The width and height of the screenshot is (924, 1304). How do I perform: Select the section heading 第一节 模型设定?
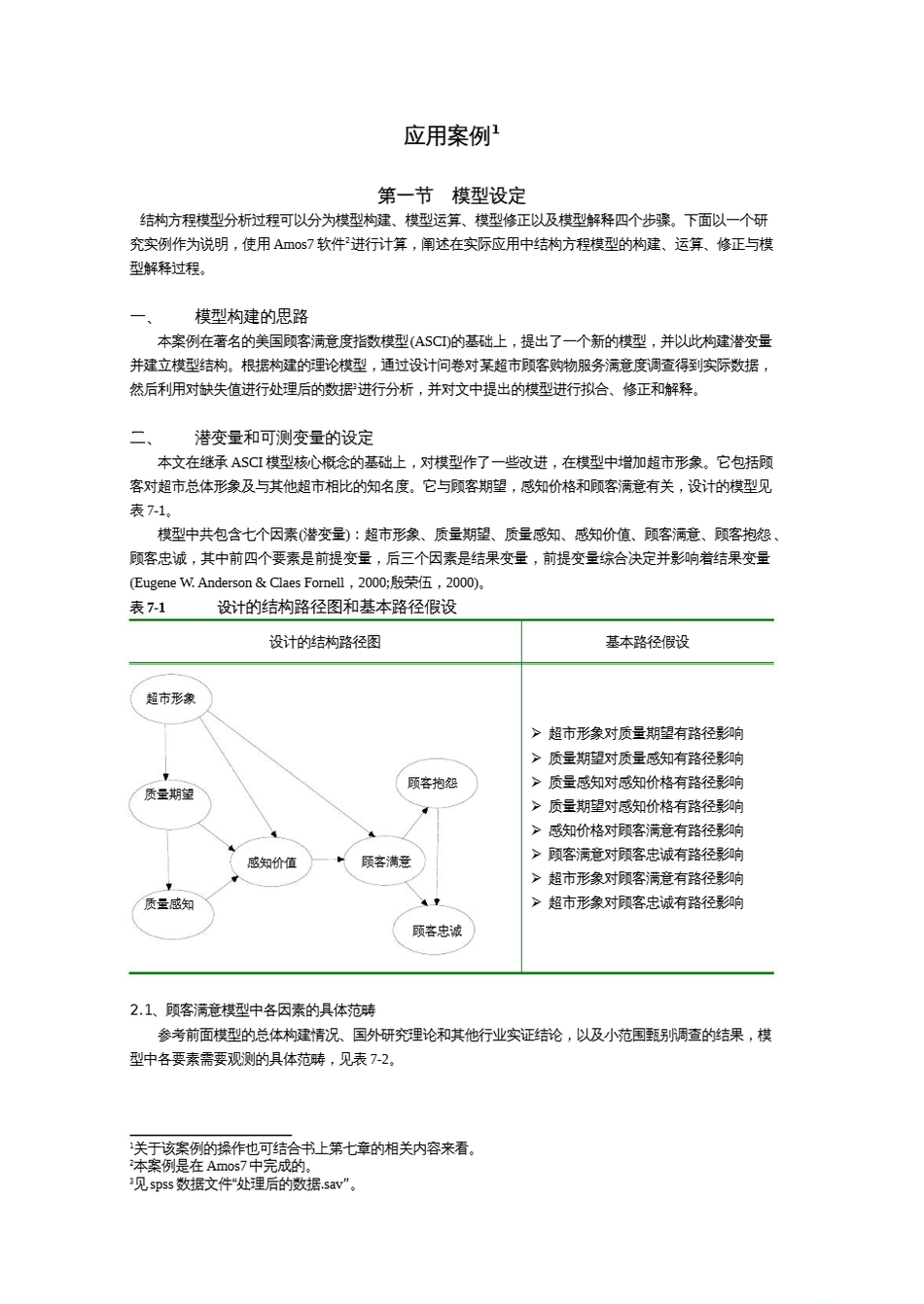451,195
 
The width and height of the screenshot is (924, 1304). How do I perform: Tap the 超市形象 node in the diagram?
170,698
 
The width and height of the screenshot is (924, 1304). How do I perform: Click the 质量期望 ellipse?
168,794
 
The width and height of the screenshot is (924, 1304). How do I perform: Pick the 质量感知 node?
168,904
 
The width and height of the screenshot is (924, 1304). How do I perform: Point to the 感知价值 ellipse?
271,862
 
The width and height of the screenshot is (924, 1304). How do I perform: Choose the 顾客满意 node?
385,862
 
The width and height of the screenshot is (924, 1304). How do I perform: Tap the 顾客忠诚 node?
437,931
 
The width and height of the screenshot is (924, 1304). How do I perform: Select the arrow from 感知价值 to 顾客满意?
328,861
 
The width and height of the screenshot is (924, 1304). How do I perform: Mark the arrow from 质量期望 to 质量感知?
168,851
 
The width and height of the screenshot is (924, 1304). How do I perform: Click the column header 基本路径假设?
647,642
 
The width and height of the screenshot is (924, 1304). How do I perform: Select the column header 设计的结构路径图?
325,642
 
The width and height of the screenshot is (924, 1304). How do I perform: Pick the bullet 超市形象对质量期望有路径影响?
645,734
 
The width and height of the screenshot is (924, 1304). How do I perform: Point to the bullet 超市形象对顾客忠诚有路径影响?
645,902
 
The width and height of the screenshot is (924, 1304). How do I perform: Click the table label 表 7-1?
148,608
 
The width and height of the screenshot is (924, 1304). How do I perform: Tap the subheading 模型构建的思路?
251,316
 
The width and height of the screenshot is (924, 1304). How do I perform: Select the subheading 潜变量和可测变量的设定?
283,438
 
